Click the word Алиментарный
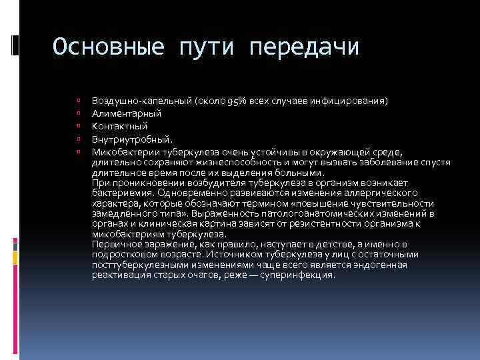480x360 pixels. click(127, 113)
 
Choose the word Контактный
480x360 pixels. click(120, 126)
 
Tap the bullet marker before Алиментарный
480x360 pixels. click(78, 113)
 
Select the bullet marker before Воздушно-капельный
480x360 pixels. click(78, 101)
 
